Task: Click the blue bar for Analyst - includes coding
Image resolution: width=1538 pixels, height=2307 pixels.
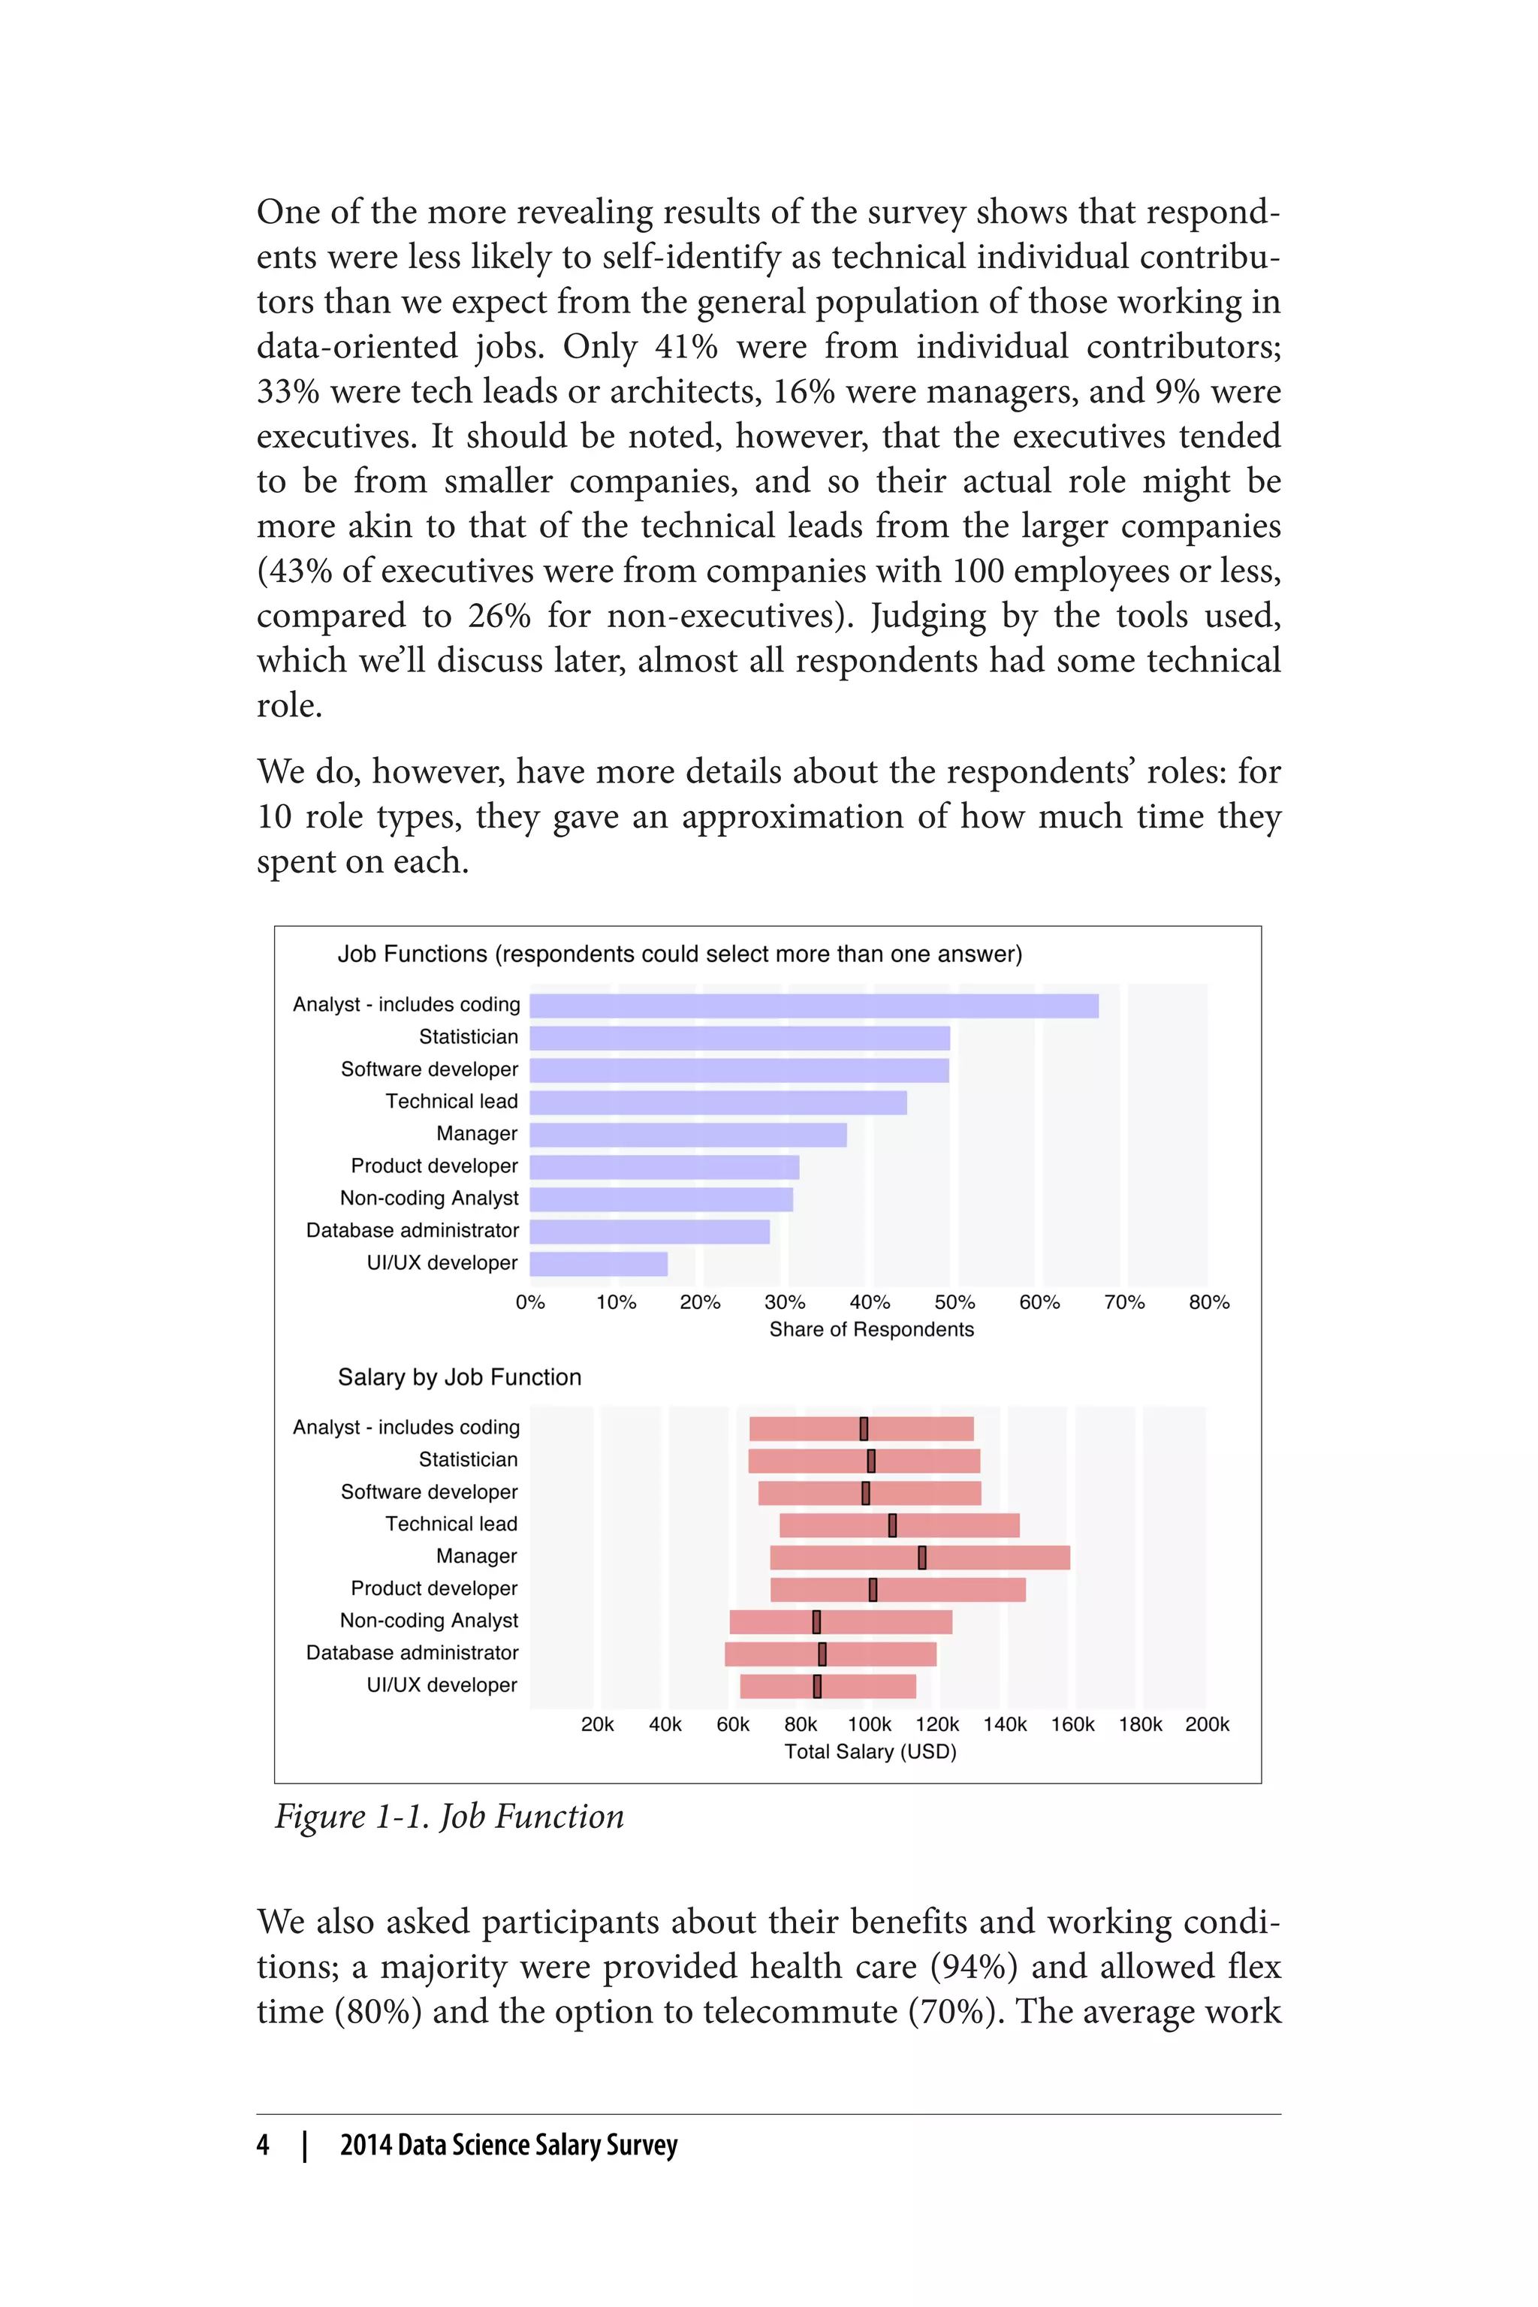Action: click(814, 1006)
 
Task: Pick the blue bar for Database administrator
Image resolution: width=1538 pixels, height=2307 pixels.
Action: click(650, 1231)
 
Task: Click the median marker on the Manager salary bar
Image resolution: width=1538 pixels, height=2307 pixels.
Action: click(922, 1558)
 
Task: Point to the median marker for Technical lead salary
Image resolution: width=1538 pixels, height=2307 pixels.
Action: click(893, 1525)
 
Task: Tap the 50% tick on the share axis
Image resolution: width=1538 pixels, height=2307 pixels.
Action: click(954, 1303)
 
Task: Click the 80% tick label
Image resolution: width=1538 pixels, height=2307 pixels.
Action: click(1208, 1303)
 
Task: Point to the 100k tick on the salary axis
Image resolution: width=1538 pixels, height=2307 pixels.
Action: click(869, 1724)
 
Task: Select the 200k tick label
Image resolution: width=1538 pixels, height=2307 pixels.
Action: click(1207, 1724)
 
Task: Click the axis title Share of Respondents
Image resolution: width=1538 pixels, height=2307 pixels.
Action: click(871, 1330)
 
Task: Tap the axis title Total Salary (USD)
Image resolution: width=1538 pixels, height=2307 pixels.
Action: click(870, 1752)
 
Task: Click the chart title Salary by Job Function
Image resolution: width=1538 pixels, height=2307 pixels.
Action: click(459, 1377)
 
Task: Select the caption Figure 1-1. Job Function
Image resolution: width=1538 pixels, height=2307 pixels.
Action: click(449, 1817)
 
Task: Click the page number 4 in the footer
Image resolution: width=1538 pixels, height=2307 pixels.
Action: click(263, 2145)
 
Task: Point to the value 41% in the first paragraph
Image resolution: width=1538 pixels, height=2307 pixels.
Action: click(686, 347)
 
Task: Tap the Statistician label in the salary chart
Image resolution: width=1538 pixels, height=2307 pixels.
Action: click(468, 1460)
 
